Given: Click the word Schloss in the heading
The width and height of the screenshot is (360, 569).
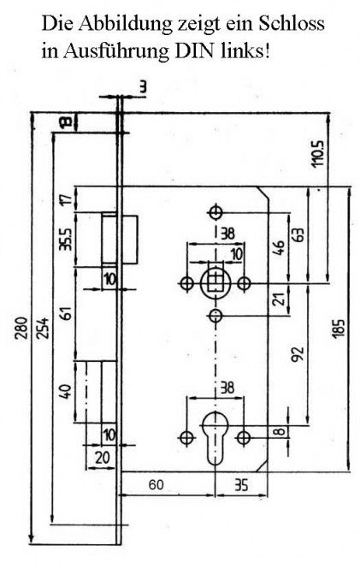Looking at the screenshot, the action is pyautogui.click(x=291, y=23).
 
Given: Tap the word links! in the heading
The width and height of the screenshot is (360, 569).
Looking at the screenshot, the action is pyautogui.click(x=245, y=50).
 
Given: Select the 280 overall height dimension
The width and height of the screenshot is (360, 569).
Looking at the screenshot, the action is pyautogui.click(x=23, y=328).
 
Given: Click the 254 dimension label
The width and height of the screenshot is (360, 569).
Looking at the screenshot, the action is pyautogui.click(x=43, y=328).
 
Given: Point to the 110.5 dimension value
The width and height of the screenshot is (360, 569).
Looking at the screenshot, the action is pyautogui.click(x=317, y=153).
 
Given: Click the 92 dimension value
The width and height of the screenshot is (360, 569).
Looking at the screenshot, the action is pyautogui.click(x=298, y=354).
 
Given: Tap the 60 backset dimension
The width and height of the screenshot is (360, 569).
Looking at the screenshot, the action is pyautogui.click(x=156, y=484).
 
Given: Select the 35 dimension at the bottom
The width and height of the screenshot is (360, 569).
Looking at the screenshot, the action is pyautogui.click(x=241, y=484).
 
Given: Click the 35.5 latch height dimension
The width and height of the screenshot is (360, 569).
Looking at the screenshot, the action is pyautogui.click(x=67, y=239).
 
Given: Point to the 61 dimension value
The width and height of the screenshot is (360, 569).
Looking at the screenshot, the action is pyautogui.click(x=68, y=313).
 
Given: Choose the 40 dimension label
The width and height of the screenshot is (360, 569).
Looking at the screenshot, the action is pyautogui.click(x=66, y=392).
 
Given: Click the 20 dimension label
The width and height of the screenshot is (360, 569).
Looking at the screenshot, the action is pyautogui.click(x=103, y=458).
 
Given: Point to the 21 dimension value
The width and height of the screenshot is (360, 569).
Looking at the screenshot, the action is pyautogui.click(x=279, y=299).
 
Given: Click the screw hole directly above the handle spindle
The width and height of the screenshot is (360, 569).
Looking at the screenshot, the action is pyautogui.click(x=215, y=212).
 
